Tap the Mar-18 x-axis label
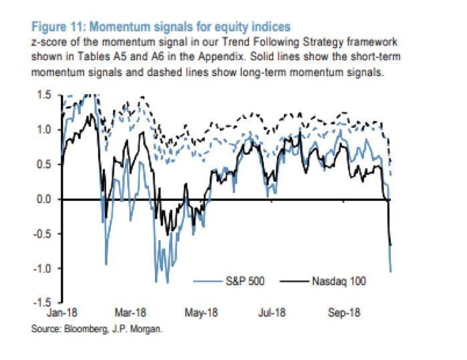tap(131, 313)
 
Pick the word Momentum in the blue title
tap(118, 27)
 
